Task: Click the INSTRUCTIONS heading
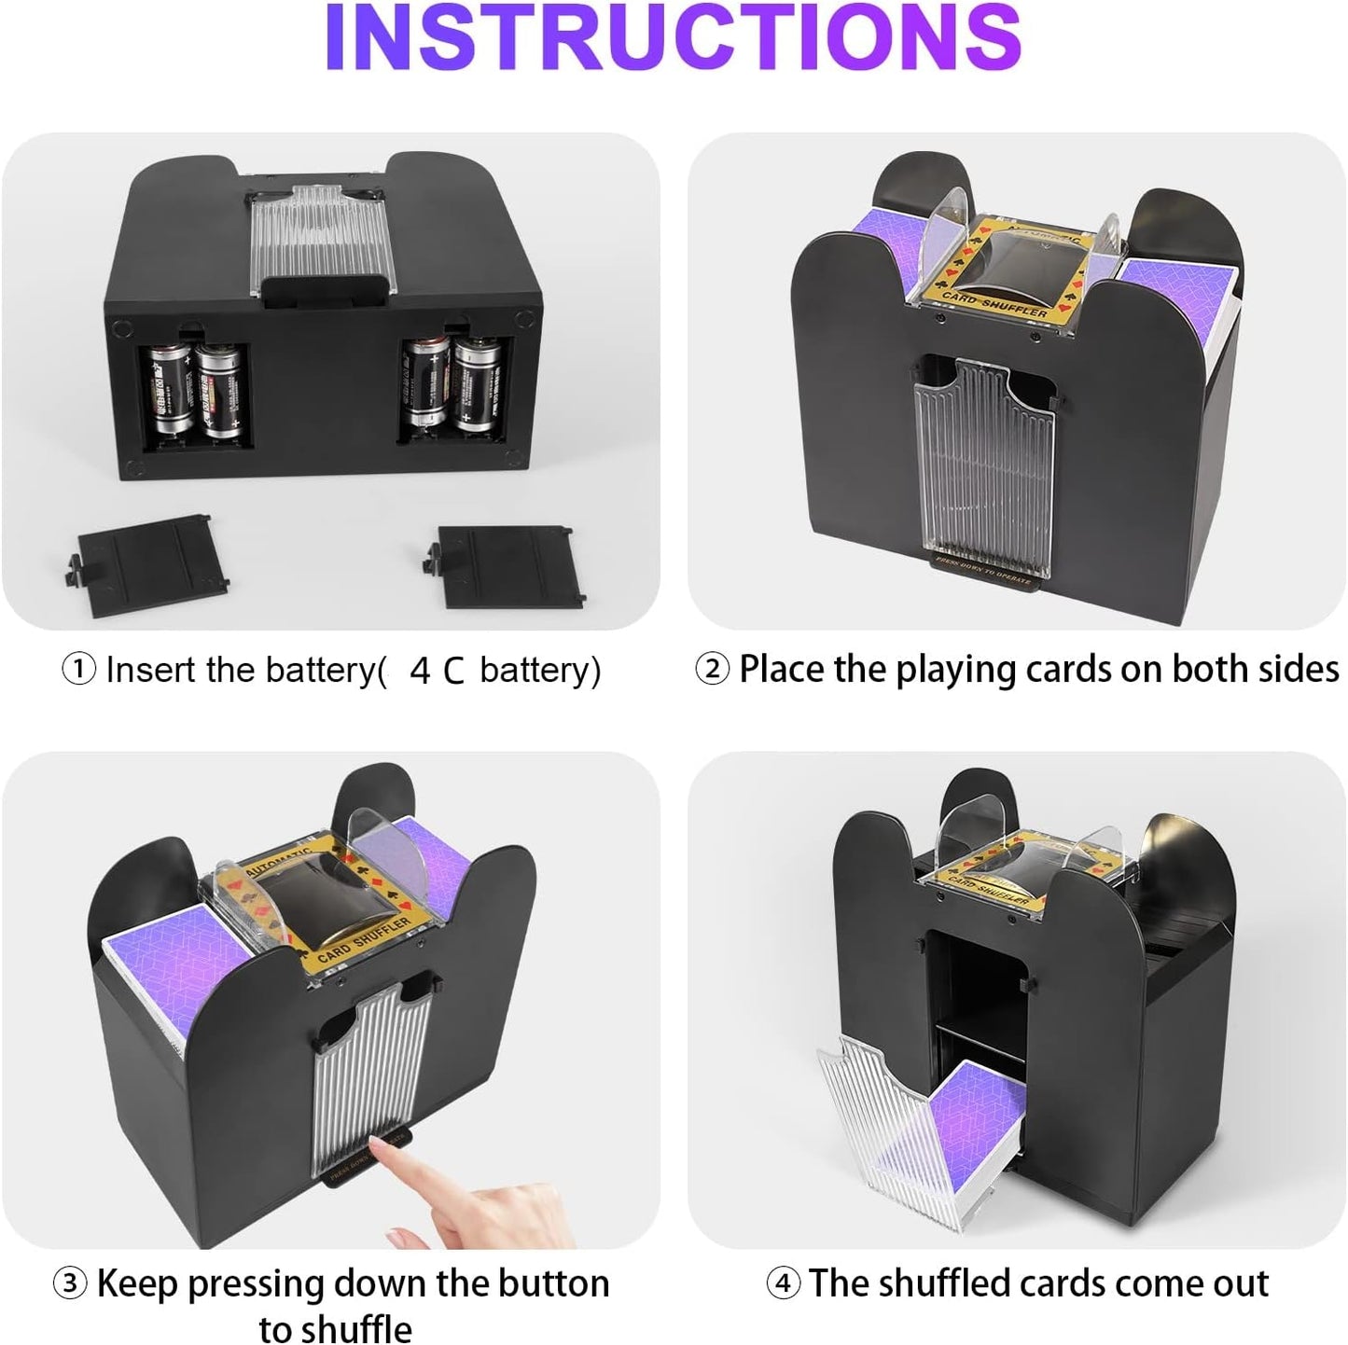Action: [673, 39]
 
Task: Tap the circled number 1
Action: [78, 669]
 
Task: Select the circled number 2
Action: [712, 669]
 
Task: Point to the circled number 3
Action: [70, 1283]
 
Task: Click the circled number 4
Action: [783, 1283]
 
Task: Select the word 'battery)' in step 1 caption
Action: [540, 670]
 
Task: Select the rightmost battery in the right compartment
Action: [478, 384]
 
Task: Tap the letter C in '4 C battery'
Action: [453, 671]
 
